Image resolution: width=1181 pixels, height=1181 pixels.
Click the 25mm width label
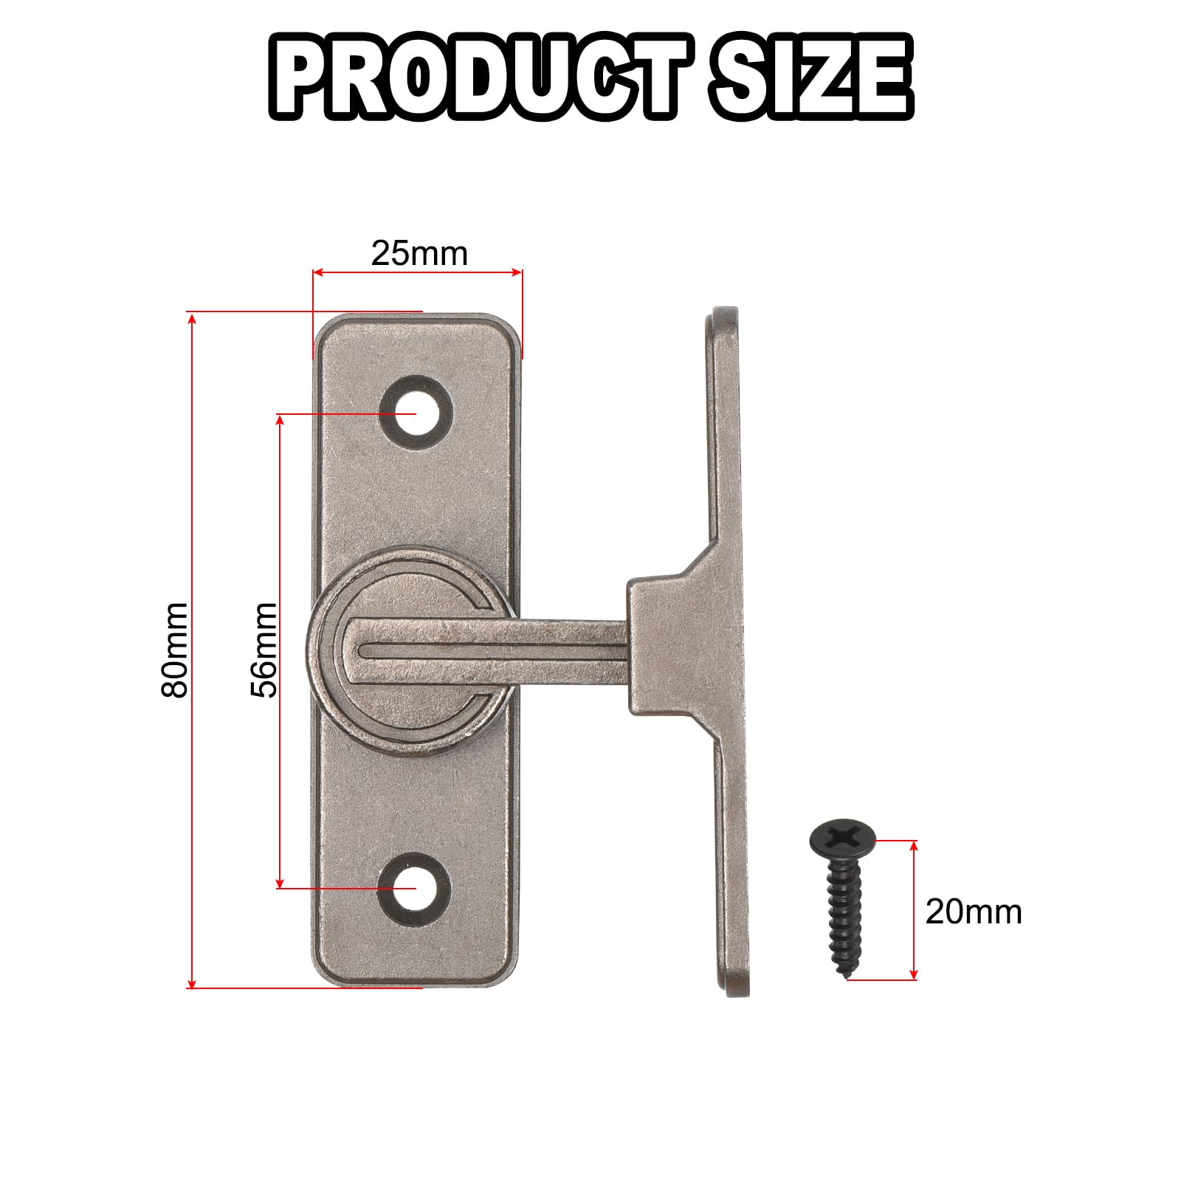pos(419,254)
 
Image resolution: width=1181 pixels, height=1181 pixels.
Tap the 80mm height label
pos(176,650)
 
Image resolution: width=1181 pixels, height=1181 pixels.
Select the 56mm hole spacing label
pos(264,650)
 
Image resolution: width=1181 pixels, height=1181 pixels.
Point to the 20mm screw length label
pos(973,912)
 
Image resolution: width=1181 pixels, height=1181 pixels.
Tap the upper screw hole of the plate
pos(416,413)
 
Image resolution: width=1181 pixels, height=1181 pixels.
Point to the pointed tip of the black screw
pos(846,976)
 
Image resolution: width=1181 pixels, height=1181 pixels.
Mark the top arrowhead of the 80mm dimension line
pos(192,317)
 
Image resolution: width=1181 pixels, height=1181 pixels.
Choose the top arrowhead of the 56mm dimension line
pos(280,419)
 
